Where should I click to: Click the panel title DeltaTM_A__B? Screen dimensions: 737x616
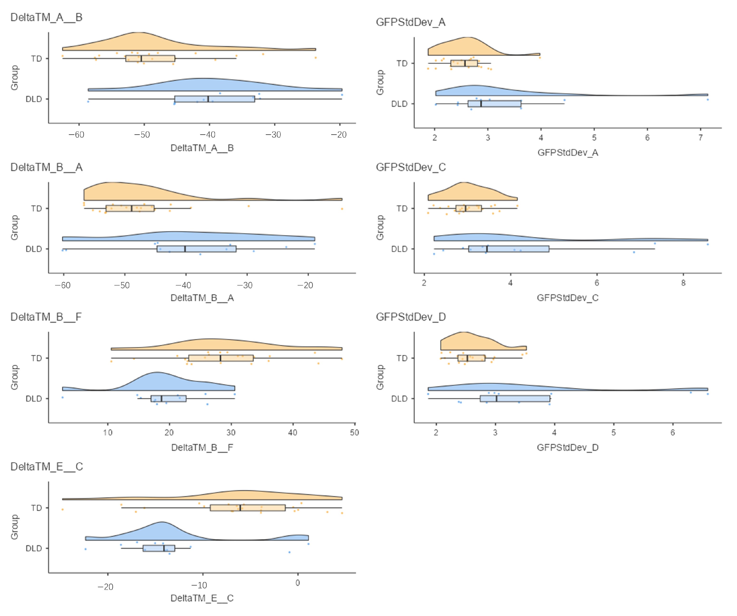coord(46,17)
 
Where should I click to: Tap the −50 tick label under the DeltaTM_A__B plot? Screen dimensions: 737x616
coord(142,135)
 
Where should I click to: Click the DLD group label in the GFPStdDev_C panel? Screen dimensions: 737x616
coord(399,249)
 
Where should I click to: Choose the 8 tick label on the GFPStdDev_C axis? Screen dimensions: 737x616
coord(683,283)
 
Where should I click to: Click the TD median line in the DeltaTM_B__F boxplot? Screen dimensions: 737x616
coord(220,358)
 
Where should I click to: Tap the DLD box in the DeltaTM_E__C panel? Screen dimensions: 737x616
coord(159,548)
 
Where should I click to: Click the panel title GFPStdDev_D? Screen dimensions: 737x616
coord(411,317)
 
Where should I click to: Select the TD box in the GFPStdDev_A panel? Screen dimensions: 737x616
coord(464,63)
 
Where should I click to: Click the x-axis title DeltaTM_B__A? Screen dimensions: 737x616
coord(202,298)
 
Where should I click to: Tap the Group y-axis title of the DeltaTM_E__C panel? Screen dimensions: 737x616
coord(14,527)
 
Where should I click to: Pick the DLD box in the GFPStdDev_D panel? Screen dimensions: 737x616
coord(515,398)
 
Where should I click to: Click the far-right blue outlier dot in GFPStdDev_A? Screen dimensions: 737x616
coord(708,100)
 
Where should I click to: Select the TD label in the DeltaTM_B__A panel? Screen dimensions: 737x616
coord(37,209)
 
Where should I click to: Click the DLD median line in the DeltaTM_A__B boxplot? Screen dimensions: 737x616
coord(208,99)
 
